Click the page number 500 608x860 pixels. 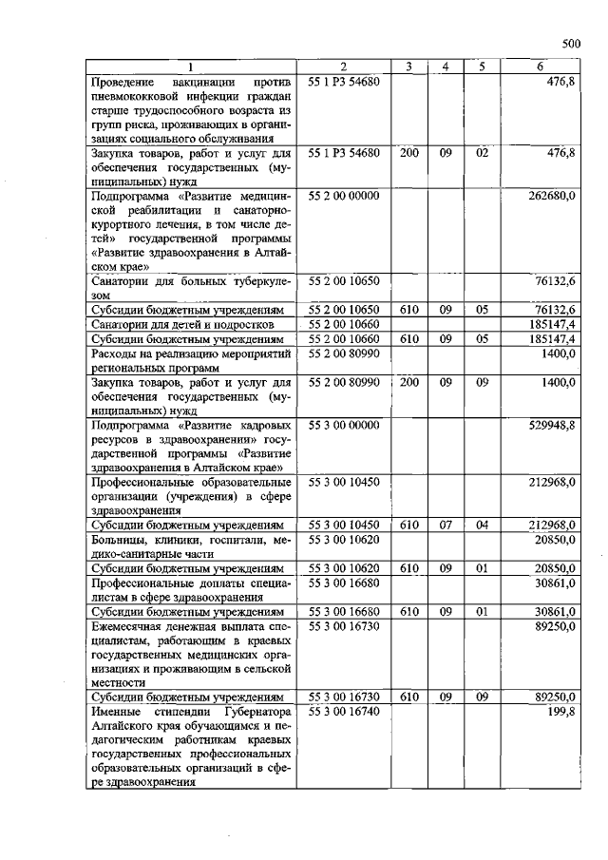coord(570,43)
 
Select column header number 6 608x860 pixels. coord(540,67)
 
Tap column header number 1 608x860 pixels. coord(191,67)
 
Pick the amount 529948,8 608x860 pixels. coord(552,427)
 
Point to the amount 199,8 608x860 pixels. coord(561,711)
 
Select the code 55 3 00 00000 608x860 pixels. coord(344,427)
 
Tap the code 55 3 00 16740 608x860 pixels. coord(344,711)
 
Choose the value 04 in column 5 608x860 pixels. coord(482,525)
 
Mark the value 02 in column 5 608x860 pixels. coord(482,152)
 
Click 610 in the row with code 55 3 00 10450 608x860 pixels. coord(408,525)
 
